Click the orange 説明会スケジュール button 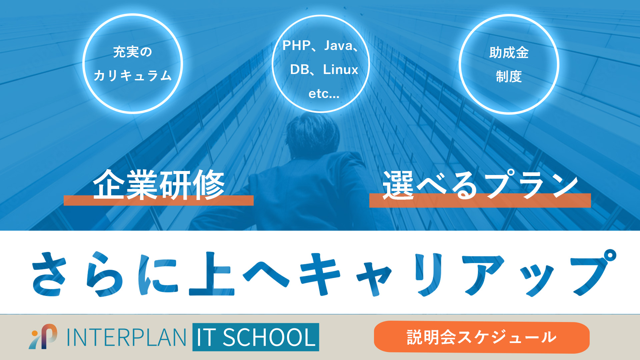coord(482,337)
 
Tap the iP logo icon coord(43,337)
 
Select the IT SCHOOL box coord(256,337)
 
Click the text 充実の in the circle coord(133,52)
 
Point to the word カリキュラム coord(133,75)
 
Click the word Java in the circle coord(338,46)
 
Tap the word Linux coord(340,70)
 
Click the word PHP coord(296,46)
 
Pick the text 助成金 coord(509,53)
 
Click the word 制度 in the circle coord(509,77)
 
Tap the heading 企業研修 coord(159,185)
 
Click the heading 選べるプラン coord(480,185)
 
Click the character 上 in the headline coord(211,274)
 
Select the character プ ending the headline coord(594,272)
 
